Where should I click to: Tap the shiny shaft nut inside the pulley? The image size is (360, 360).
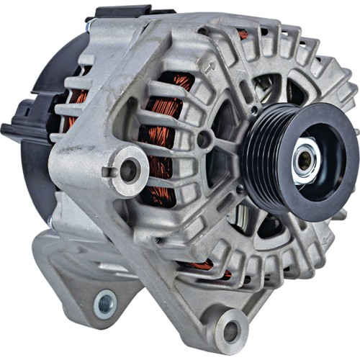pyautogui.click(x=305, y=161)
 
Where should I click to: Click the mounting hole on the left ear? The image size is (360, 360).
pyautogui.click(x=130, y=170)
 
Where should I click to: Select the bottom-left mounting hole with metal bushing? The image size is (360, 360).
pyautogui.click(x=105, y=304)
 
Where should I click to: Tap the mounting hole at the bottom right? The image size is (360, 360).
pyautogui.click(x=231, y=331)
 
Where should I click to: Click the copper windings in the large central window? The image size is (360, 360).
pyautogui.click(x=162, y=137)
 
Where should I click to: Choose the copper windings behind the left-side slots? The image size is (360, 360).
pyautogui.click(x=76, y=108)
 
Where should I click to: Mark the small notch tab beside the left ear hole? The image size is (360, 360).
pyautogui.click(x=107, y=171)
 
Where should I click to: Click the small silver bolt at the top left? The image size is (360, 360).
pyautogui.click(x=91, y=26)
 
